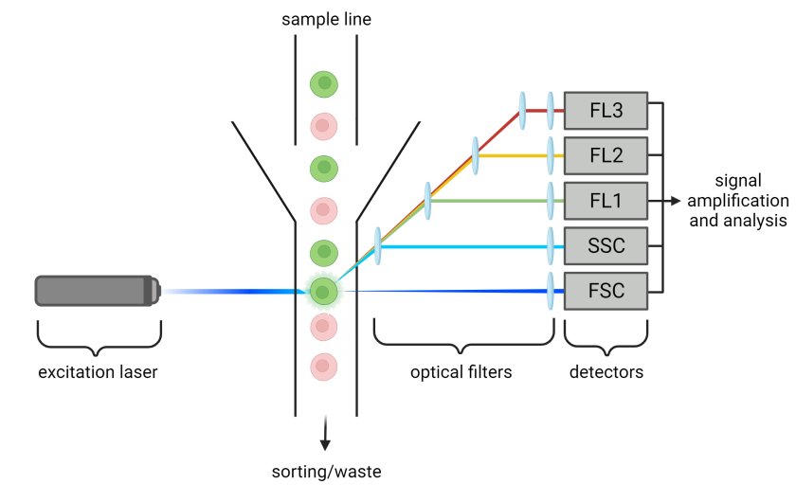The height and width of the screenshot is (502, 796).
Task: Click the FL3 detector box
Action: coord(606,110)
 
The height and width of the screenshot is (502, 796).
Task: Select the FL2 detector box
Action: coord(606,155)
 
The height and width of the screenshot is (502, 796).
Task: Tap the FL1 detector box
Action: coord(606,201)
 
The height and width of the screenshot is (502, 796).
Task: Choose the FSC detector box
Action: coord(606,291)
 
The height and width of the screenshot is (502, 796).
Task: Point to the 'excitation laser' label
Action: coord(98,372)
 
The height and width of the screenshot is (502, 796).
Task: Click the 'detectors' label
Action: coord(606,372)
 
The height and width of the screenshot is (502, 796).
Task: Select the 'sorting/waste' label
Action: coord(326,471)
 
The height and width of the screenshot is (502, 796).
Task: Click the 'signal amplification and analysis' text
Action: coord(737,201)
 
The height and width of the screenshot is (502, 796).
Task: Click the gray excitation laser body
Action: coord(93,291)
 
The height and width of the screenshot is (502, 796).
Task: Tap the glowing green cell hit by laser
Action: coord(324,291)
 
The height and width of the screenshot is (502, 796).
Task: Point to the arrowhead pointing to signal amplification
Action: coord(676,201)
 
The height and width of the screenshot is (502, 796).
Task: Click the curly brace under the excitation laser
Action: coord(98,337)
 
